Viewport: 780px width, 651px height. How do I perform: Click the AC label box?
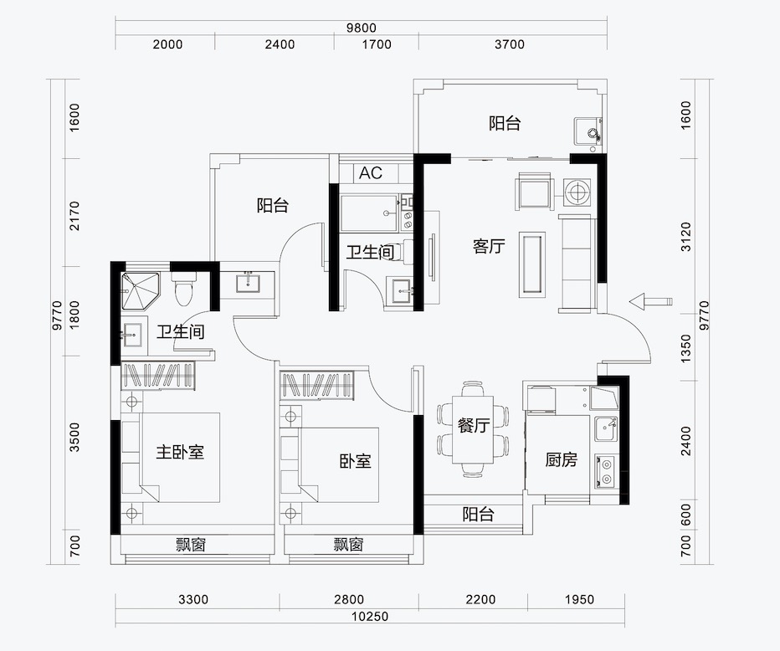point(371,172)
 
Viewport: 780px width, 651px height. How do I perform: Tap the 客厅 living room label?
point(489,246)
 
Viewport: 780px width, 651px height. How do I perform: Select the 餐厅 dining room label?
point(474,425)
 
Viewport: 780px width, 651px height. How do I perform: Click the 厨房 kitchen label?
point(561,459)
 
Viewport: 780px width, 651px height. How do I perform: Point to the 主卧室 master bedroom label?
point(180,452)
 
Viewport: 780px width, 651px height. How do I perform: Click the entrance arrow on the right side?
point(650,301)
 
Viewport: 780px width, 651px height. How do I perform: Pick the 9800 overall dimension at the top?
point(362,28)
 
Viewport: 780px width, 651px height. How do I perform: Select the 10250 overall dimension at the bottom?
point(370,617)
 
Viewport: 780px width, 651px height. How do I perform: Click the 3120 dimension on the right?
point(686,237)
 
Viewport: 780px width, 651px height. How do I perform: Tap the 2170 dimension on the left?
point(74,215)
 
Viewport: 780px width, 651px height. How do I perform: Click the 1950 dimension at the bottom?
point(579,599)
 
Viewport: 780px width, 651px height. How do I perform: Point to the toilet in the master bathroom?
point(183,289)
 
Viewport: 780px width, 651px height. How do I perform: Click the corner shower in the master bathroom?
point(141,291)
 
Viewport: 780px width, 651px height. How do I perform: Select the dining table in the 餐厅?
point(473,430)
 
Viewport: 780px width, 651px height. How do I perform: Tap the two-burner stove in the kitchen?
point(605,471)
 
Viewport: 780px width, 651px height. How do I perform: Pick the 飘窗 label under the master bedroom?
point(191,545)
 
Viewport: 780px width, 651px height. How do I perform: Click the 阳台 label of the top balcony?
point(505,123)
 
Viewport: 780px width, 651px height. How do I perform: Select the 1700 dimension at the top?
point(377,44)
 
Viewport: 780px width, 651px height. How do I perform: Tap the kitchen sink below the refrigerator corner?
point(606,428)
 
